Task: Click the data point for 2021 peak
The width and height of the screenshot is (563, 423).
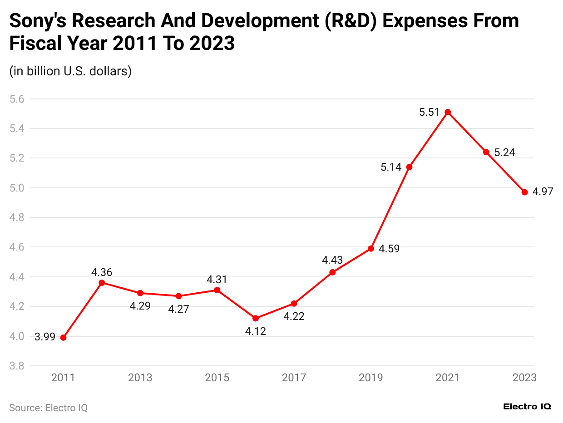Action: click(x=448, y=112)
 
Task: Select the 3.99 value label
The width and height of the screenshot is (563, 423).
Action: click(x=44, y=337)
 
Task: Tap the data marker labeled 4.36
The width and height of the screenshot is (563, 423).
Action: click(x=102, y=283)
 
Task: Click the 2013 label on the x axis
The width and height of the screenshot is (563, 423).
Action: click(x=140, y=378)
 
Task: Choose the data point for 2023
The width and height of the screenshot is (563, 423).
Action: click(x=524, y=192)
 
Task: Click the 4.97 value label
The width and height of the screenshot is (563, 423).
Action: click(x=543, y=192)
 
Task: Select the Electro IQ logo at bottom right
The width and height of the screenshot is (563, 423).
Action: click(x=527, y=407)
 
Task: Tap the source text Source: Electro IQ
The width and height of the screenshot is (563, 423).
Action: click(x=48, y=408)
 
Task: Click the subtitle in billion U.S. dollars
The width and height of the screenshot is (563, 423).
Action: click(x=70, y=71)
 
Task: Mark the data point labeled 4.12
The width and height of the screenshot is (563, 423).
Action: click(x=256, y=318)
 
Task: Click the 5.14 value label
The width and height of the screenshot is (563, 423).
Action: click(x=391, y=167)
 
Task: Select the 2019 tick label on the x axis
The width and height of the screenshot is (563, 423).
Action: click(x=371, y=378)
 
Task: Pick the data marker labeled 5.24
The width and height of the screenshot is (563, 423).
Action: click(x=486, y=152)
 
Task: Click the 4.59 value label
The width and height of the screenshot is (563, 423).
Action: click(x=389, y=249)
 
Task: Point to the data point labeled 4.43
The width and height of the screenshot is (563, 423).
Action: click(x=332, y=272)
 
